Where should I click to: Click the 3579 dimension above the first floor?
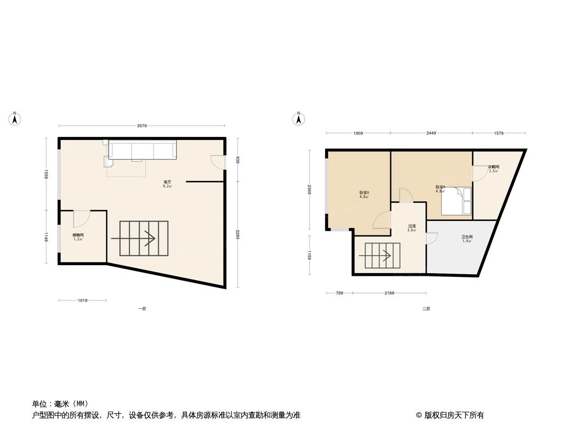tap(141, 126)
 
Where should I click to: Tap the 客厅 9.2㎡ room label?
tap(167, 184)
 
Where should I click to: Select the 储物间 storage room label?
tap(78, 236)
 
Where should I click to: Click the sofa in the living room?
tap(142, 150)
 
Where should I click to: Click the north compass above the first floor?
tap(16, 118)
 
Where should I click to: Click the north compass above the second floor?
tap(299, 118)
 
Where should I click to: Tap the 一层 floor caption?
tap(142, 309)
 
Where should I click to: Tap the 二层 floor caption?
tap(426, 309)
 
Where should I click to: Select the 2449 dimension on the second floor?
tap(431, 133)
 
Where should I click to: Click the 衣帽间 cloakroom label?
tap(493, 169)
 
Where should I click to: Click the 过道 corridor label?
tap(411, 227)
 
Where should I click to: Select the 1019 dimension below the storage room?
tap(82, 301)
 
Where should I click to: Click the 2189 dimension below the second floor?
tap(389, 293)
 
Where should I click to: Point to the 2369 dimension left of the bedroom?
tap(310, 190)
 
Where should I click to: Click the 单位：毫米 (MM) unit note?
tap(60, 404)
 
